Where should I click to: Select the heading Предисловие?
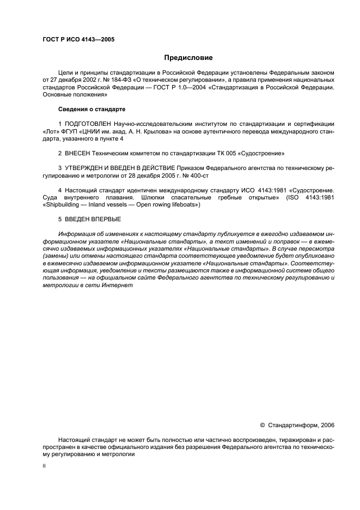[x=189, y=57]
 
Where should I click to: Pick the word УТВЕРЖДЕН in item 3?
[x=86, y=169]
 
